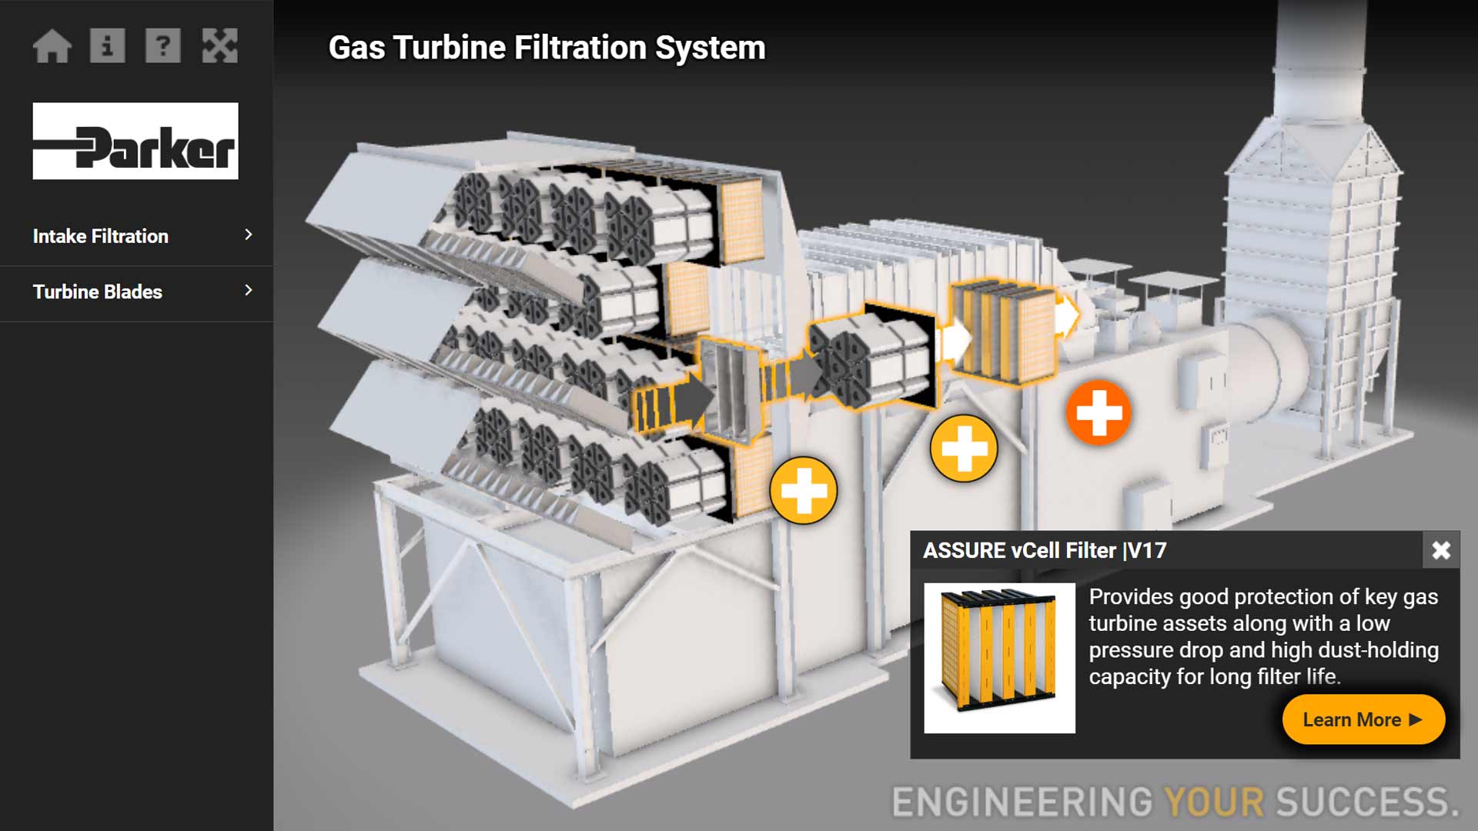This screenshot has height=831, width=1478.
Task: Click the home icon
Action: click(52, 46)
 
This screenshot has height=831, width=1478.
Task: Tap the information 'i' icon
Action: click(108, 46)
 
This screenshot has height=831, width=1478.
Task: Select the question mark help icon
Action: click(163, 46)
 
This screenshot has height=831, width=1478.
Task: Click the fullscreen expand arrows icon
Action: click(219, 46)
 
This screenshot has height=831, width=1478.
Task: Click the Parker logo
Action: click(135, 141)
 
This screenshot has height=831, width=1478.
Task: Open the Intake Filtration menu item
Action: click(101, 236)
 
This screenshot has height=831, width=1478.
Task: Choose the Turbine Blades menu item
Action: click(98, 292)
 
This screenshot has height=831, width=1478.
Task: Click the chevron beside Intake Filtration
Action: click(248, 235)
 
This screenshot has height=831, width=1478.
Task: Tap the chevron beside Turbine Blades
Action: click(248, 290)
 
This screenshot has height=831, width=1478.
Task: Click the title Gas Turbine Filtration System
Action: click(547, 48)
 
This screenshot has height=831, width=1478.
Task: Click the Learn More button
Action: click(1363, 719)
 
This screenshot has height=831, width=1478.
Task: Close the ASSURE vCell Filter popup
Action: click(1441, 550)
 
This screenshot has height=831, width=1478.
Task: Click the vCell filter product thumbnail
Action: click(999, 658)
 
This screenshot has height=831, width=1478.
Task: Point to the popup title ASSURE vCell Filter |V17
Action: click(1045, 551)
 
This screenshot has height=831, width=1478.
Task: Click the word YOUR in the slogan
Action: click(1214, 802)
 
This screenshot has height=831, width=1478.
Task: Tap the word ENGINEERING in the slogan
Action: click(1022, 802)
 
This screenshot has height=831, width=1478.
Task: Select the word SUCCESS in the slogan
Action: click(1366, 802)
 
